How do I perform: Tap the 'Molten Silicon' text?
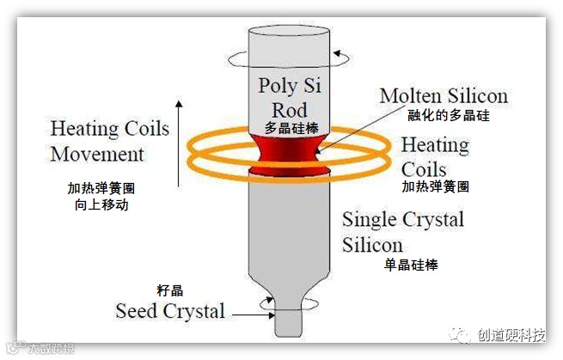(444, 95)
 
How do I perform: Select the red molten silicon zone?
(289, 151)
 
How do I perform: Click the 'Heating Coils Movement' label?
(109, 142)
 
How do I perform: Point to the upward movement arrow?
(179, 142)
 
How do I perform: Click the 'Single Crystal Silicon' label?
(402, 231)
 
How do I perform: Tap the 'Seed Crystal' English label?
(170, 310)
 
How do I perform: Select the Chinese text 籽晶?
(170, 291)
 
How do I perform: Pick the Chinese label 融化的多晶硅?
(450, 114)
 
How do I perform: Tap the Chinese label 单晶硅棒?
(411, 265)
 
